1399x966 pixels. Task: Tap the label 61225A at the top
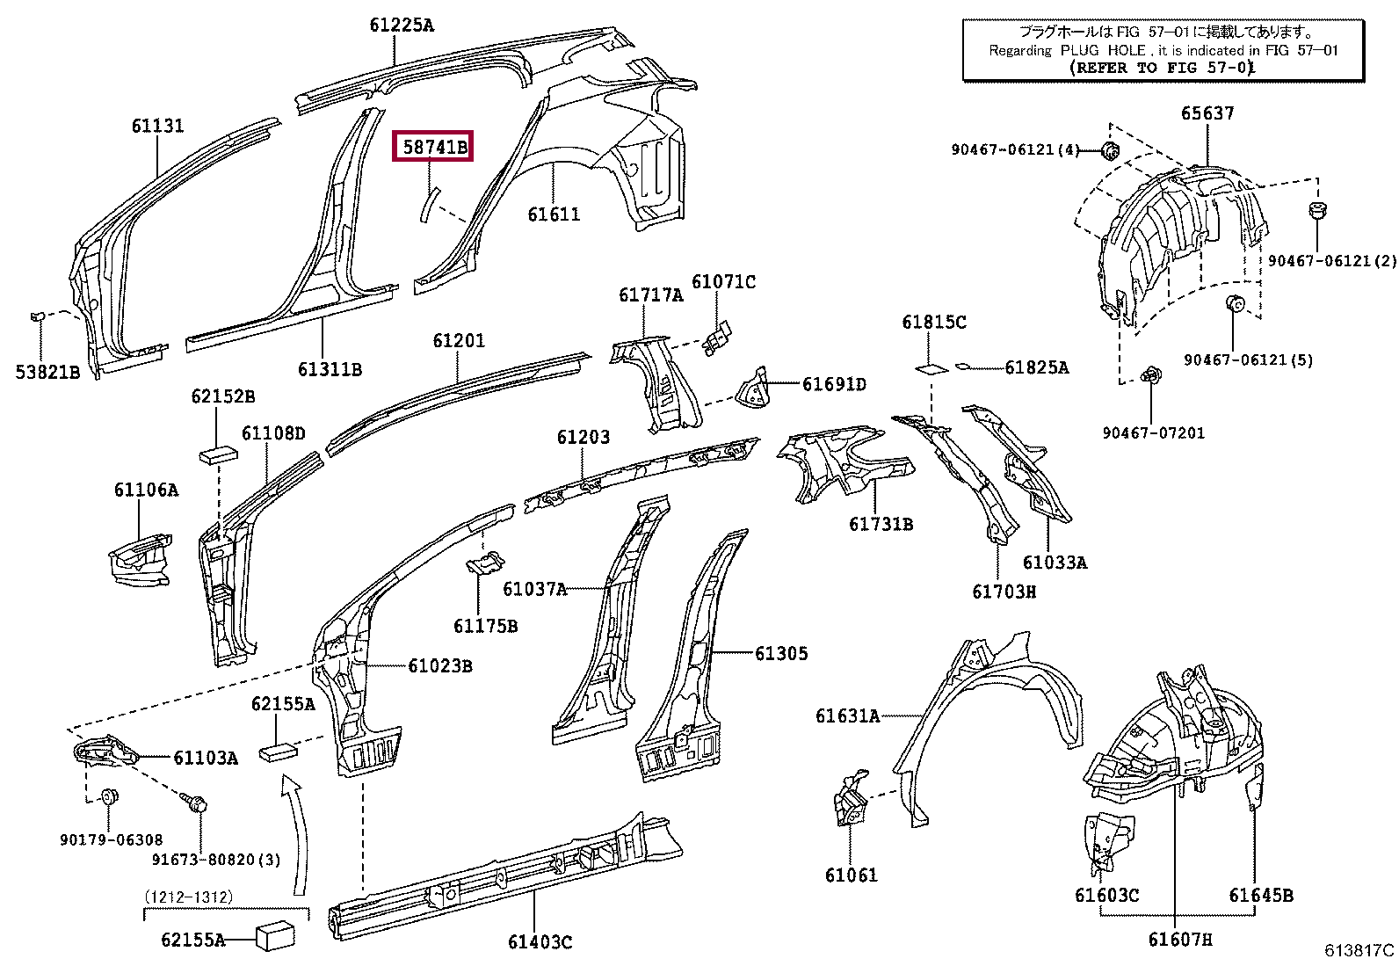[402, 25]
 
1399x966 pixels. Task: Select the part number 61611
[554, 214]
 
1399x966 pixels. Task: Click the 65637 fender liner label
[1207, 113]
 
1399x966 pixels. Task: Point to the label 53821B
[47, 373]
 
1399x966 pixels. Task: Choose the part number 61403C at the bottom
[540, 941]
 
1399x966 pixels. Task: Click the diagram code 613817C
[1359, 950]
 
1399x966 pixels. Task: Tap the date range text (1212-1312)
[189, 897]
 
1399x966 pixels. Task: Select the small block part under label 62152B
[219, 454]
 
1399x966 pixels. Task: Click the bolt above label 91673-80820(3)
[195, 802]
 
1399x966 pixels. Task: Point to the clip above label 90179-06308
[110, 796]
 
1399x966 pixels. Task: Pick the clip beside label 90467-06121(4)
[1109, 150]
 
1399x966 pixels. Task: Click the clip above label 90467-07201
[1150, 375]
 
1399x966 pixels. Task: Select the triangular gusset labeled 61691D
[753, 388]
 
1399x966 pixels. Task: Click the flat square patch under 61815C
[931, 368]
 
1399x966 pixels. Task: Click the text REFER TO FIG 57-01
[1162, 68]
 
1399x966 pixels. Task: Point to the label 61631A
[847, 715]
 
